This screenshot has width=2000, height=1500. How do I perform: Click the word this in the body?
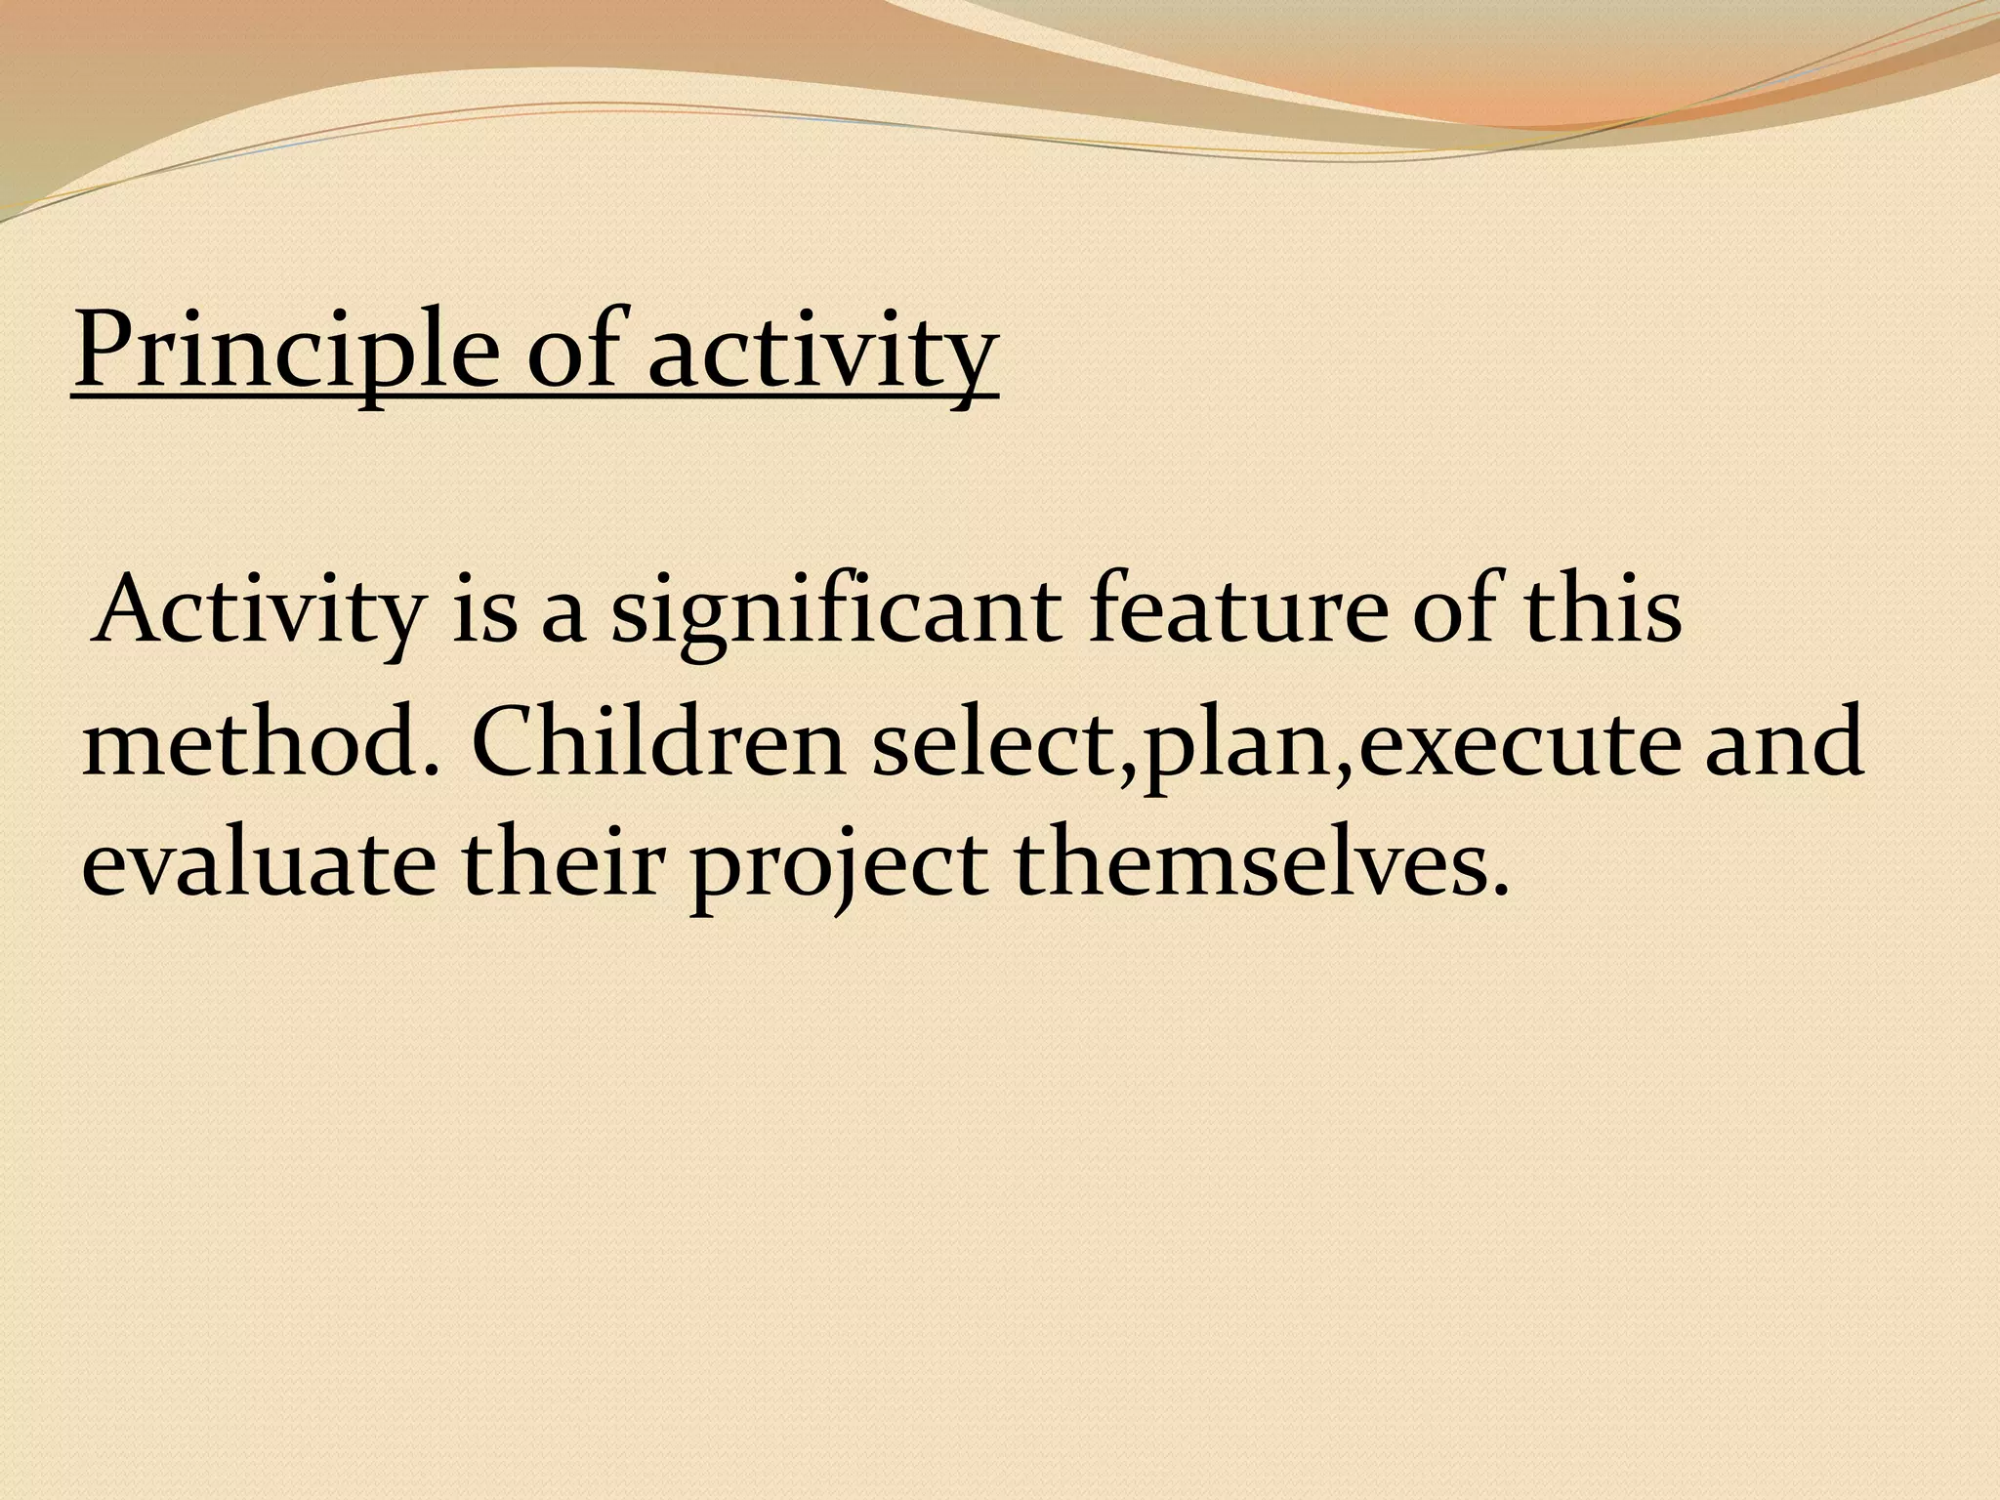[x=1602, y=611]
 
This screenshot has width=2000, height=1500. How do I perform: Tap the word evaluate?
[x=258, y=863]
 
